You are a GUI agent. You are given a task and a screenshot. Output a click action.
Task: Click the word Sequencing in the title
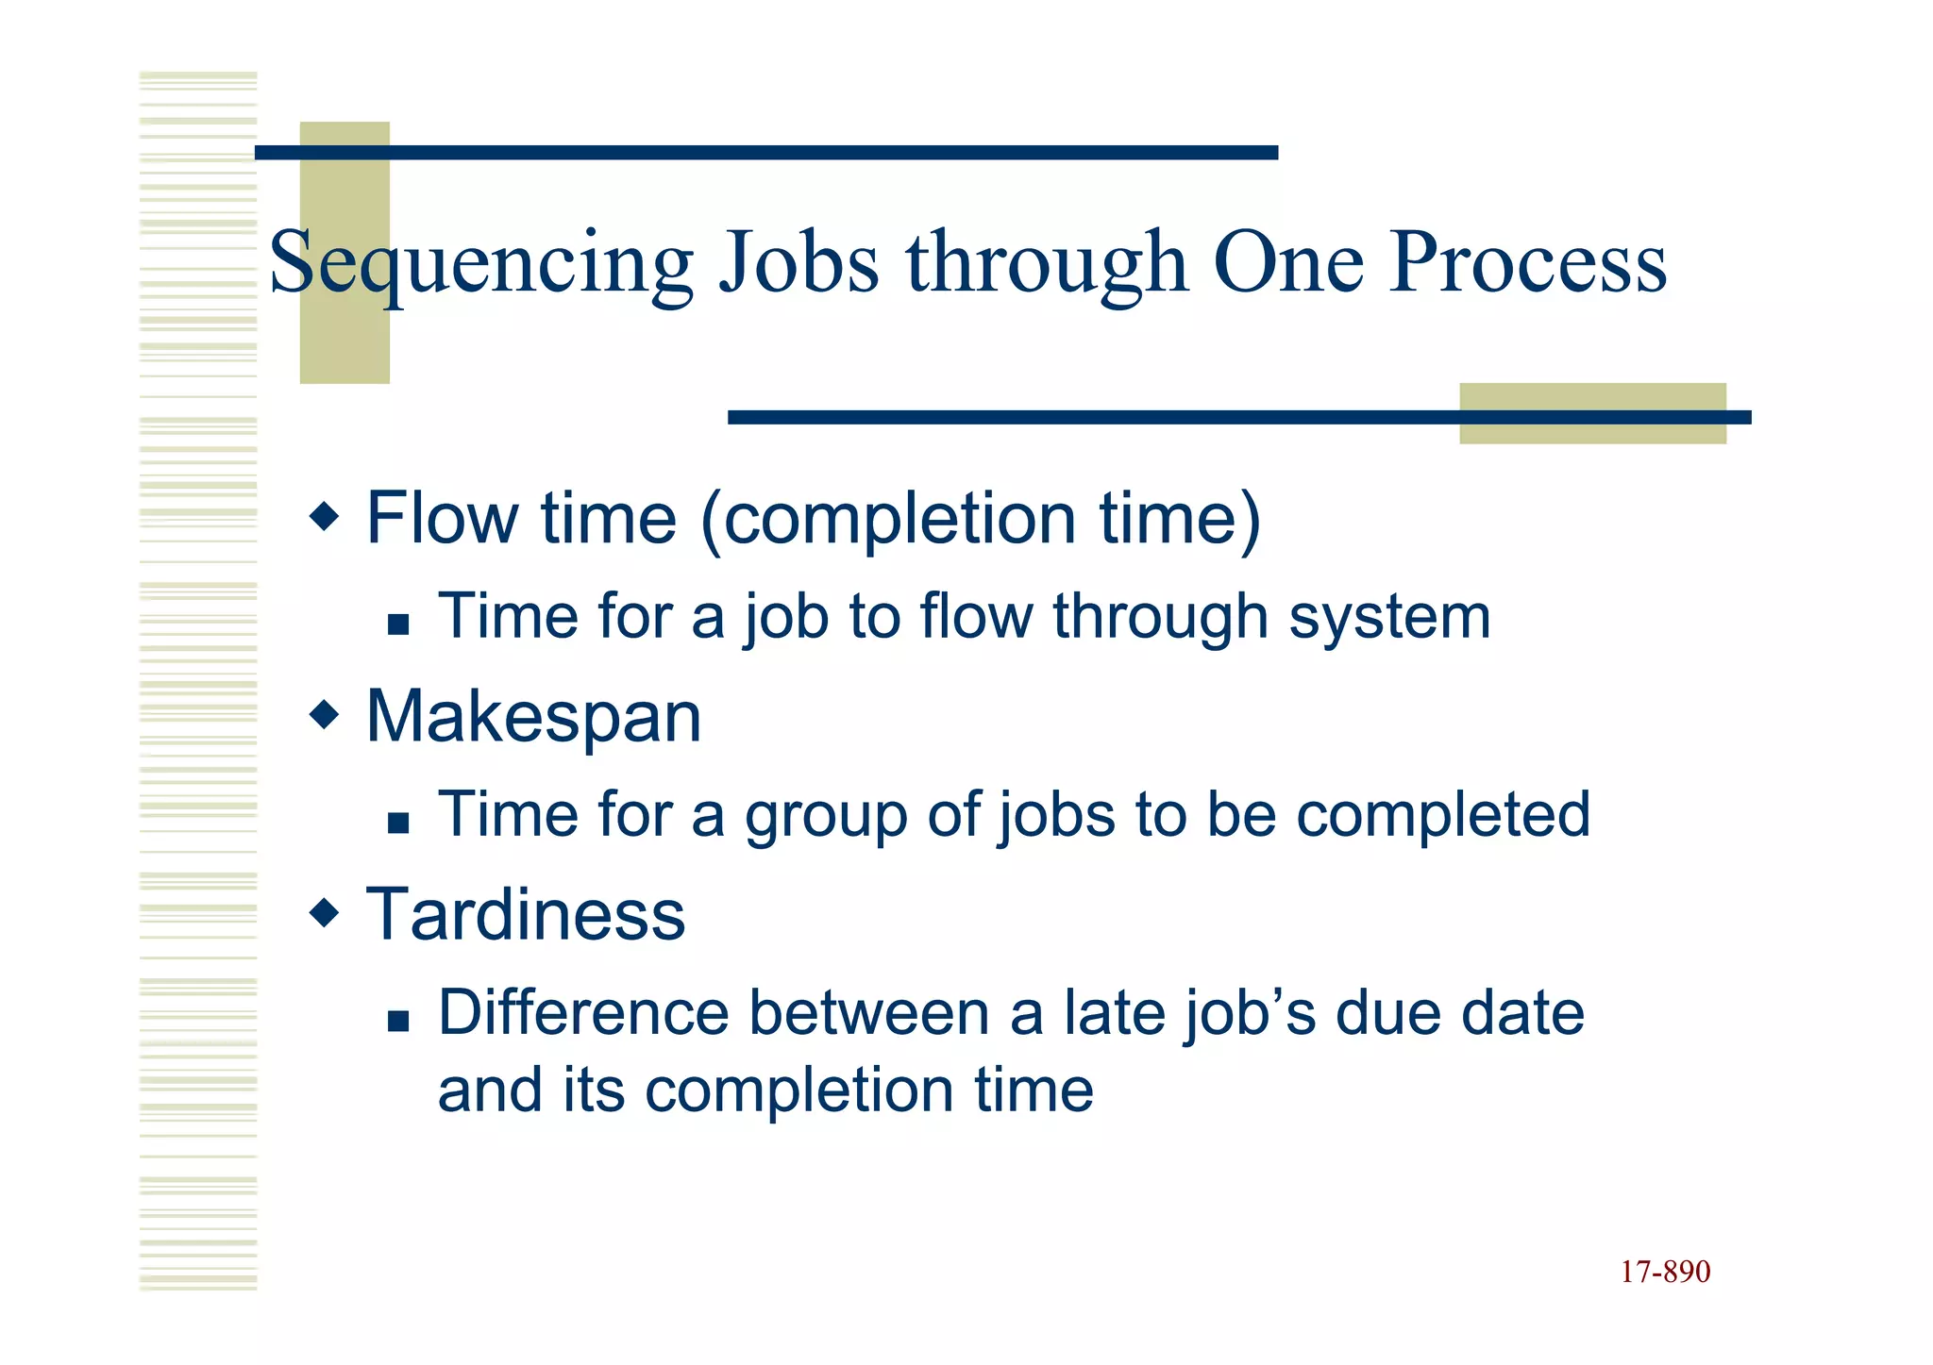[481, 264]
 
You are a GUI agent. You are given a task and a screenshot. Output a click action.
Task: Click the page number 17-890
[1665, 1272]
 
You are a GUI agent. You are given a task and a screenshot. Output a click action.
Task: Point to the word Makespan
[533, 718]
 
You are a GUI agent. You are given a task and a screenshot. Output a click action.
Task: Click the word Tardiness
[525, 915]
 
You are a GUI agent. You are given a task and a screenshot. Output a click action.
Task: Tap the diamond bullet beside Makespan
[324, 714]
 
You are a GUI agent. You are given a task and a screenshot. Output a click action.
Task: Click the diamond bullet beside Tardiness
[324, 912]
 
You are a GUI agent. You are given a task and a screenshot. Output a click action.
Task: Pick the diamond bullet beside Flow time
[324, 516]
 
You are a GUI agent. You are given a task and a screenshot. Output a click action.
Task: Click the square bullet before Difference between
[398, 1021]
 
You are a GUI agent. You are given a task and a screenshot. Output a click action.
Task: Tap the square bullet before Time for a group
[398, 823]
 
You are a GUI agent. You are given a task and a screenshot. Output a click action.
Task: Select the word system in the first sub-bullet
[1389, 618]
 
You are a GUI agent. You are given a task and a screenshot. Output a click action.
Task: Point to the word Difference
[584, 1013]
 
